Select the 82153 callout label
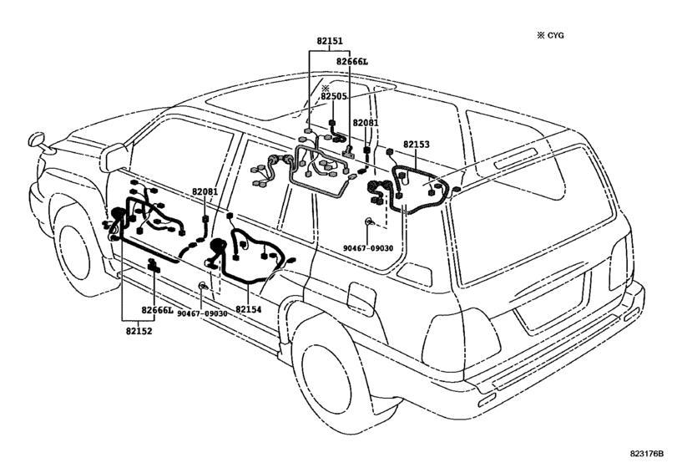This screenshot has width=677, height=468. (x=416, y=145)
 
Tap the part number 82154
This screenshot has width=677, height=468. (x=248, y=309)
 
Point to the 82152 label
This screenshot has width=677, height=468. (x=139, y=328)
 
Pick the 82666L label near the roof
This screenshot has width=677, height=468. (x=351, y=61)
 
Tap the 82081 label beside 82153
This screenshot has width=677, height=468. (x=366, y=123)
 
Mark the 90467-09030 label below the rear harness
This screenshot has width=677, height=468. (x=371, y=248)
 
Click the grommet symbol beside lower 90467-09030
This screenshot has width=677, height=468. (x=202, y=287)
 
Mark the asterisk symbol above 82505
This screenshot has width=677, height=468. (x=326, y=87)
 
